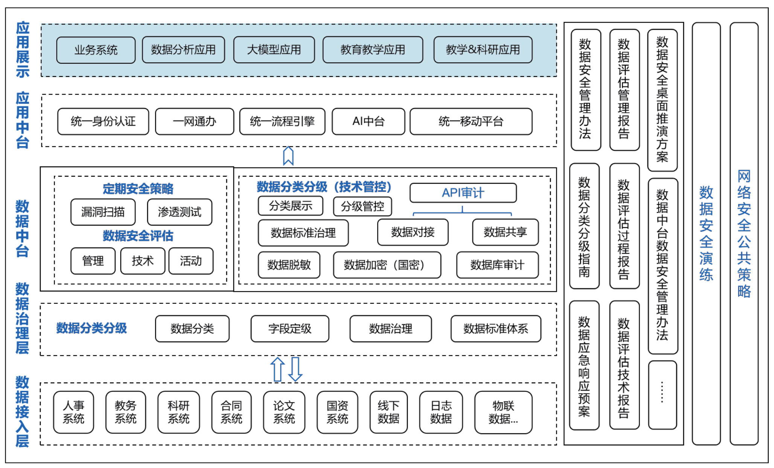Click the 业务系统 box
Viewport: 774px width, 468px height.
point(96,50)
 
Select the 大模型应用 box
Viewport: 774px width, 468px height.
point(274,50)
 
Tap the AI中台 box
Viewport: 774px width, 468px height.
point(368,121)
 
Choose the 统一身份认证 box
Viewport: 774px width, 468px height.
point(103,121)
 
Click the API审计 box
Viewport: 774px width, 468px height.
point(463,193)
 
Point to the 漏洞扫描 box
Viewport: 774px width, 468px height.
point(103,212)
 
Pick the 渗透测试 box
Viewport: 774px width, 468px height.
point(180,212)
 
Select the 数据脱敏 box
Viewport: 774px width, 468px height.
point(289,265)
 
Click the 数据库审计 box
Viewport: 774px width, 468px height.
point(497,265)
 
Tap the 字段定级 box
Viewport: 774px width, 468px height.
point(289,329)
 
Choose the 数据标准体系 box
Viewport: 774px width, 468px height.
point(495,329)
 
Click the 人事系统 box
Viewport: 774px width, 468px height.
point(73,412)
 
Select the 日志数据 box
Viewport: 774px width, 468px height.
point(440,412)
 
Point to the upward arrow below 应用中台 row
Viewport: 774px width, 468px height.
point(288,156)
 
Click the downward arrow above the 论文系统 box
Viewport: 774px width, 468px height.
point(295,369)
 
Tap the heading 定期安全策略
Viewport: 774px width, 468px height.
point(138,189)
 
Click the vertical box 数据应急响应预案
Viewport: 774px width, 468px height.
point(584,365)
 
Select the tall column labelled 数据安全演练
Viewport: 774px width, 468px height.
point(706,233)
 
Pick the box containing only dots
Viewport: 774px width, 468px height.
point(662,395)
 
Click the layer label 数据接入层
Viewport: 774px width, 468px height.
point(22,411)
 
